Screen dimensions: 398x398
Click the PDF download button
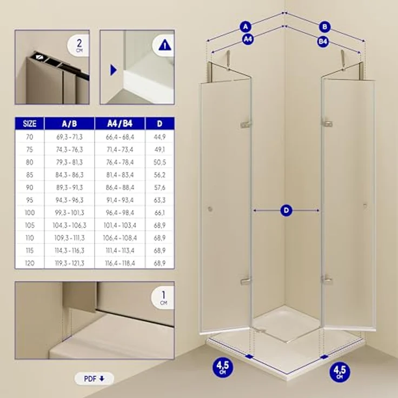coord(94,379)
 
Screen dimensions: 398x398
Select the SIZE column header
coord(30,124)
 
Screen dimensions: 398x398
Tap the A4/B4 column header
coord(120,124)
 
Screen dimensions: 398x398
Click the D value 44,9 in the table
coord(160,137)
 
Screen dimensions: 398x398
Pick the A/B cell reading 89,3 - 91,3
coord(69,188)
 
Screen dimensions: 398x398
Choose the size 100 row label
coord(30,213)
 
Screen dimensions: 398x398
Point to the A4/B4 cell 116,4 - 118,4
coord(120,263)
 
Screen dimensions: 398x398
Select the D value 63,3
coord(160,200)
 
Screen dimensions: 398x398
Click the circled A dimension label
coord(246,26)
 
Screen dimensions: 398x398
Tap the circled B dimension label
coord(324,26)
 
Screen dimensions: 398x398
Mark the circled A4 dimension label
coord(248,39)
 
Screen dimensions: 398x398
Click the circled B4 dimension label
coord(323,42)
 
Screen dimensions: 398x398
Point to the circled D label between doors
coord(286,210)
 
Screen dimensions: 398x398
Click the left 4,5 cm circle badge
coord(223,367)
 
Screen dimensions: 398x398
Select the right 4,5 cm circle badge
coord(340,372)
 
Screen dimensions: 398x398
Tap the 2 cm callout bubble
coord(78,45)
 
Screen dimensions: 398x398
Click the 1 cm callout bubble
coord(163,297)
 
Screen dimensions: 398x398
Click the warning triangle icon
coord(165,45)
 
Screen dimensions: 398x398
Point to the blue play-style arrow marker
coord(114,70)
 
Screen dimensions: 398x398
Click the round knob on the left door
coord(210,209)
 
